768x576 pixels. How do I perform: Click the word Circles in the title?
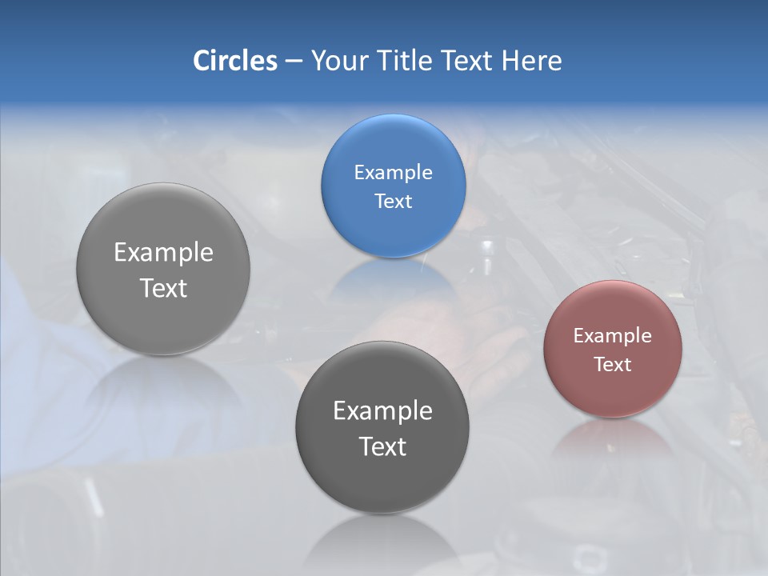pyautogui.click(x=234, y=61)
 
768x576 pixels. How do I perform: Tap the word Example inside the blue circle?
pyautogui.click(x=393, y=173)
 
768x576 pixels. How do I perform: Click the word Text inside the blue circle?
pyautogui.click(x=393, y=202)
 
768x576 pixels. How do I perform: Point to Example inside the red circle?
pyautogui.click(x=613, y=336)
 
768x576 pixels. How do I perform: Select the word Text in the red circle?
pyautogui.click(x=613, y=365)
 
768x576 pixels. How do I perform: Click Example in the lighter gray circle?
pyautogui.click(x=163, y=253)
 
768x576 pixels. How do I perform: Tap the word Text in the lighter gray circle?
pyautogui.click(x=163, y=288)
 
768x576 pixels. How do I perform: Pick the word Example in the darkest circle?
pyautogui.click(x=382, y=411)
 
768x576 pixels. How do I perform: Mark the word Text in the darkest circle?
pyautogui.click(x=382, y=446)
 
